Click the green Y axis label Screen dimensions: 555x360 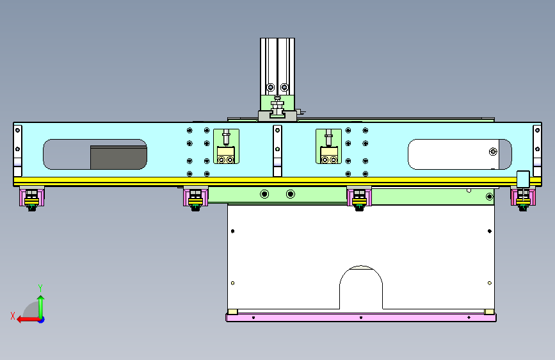[x=40, y=288]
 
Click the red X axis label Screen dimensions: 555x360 [x=13, y=316]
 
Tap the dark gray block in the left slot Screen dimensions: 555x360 [x=118, y=158]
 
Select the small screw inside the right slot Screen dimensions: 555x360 [x=493, y=152]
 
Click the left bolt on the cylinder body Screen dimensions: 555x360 [x=270, y=87]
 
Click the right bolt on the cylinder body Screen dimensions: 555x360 [x=284, y=87]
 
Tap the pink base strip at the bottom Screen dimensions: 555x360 [x=361, y=318]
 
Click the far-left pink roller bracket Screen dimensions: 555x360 [x=32, y=197]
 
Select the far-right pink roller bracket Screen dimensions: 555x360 [x=523, y=197]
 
